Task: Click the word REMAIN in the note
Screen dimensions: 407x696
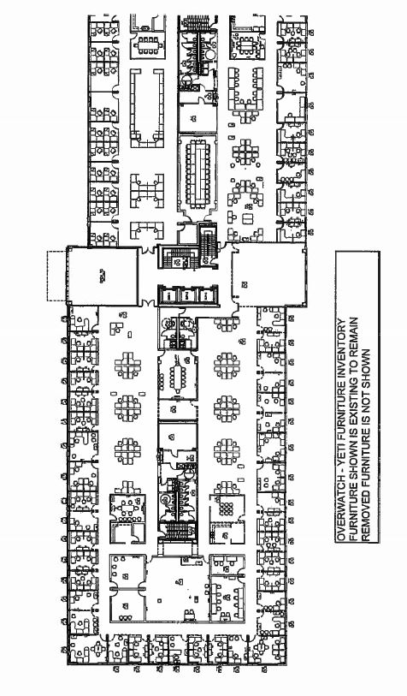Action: click(x=353, y=337)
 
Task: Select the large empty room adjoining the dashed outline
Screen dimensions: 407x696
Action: click(x=102, y=275)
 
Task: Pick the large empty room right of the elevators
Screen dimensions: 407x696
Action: click(x=268, y=274)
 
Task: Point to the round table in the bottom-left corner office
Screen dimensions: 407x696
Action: click(x=98, y=649)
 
